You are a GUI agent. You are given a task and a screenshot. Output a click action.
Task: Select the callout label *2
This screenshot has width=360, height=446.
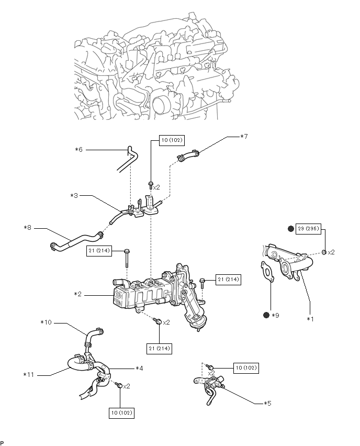[x=78, y=294]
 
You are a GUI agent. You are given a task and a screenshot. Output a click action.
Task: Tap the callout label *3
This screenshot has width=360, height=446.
[x=74, y=196]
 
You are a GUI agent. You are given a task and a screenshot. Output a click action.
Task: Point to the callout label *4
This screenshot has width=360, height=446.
[x=139, y=369]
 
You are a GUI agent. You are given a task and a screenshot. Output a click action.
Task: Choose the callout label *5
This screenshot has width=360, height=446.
[x=267, y=404]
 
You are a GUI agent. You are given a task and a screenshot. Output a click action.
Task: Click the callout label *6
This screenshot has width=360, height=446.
[x=78, y=150]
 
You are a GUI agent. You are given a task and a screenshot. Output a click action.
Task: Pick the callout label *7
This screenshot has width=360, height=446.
[x=244, y=137]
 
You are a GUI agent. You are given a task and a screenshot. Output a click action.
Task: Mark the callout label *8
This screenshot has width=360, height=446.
[x=28, y=228]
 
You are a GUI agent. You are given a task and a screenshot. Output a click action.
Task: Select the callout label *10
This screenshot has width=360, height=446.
[x=47, y=322]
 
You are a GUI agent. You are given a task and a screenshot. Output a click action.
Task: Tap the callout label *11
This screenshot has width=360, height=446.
[x=29, y=374]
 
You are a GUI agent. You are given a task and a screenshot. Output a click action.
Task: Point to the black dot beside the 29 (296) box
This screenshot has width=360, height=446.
[x=291, y=229]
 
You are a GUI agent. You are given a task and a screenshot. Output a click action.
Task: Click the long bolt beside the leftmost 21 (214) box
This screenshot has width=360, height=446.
[x=127, y=259]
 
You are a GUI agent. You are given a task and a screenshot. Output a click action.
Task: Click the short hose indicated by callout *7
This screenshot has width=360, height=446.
[x=189, y=154]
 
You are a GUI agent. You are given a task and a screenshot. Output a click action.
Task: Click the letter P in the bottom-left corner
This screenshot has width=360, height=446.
[x=3, y=442]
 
